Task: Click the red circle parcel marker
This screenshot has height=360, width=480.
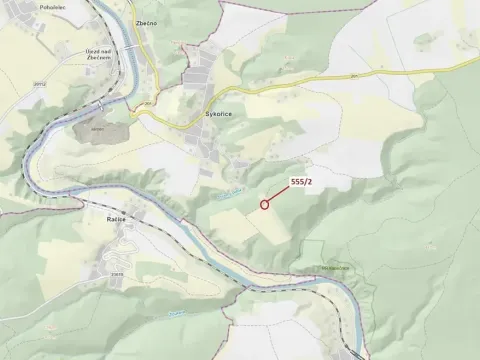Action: pos(265,204)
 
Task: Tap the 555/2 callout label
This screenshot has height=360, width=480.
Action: pos(302,180)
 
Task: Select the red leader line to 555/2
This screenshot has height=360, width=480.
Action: pos(279,194)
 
